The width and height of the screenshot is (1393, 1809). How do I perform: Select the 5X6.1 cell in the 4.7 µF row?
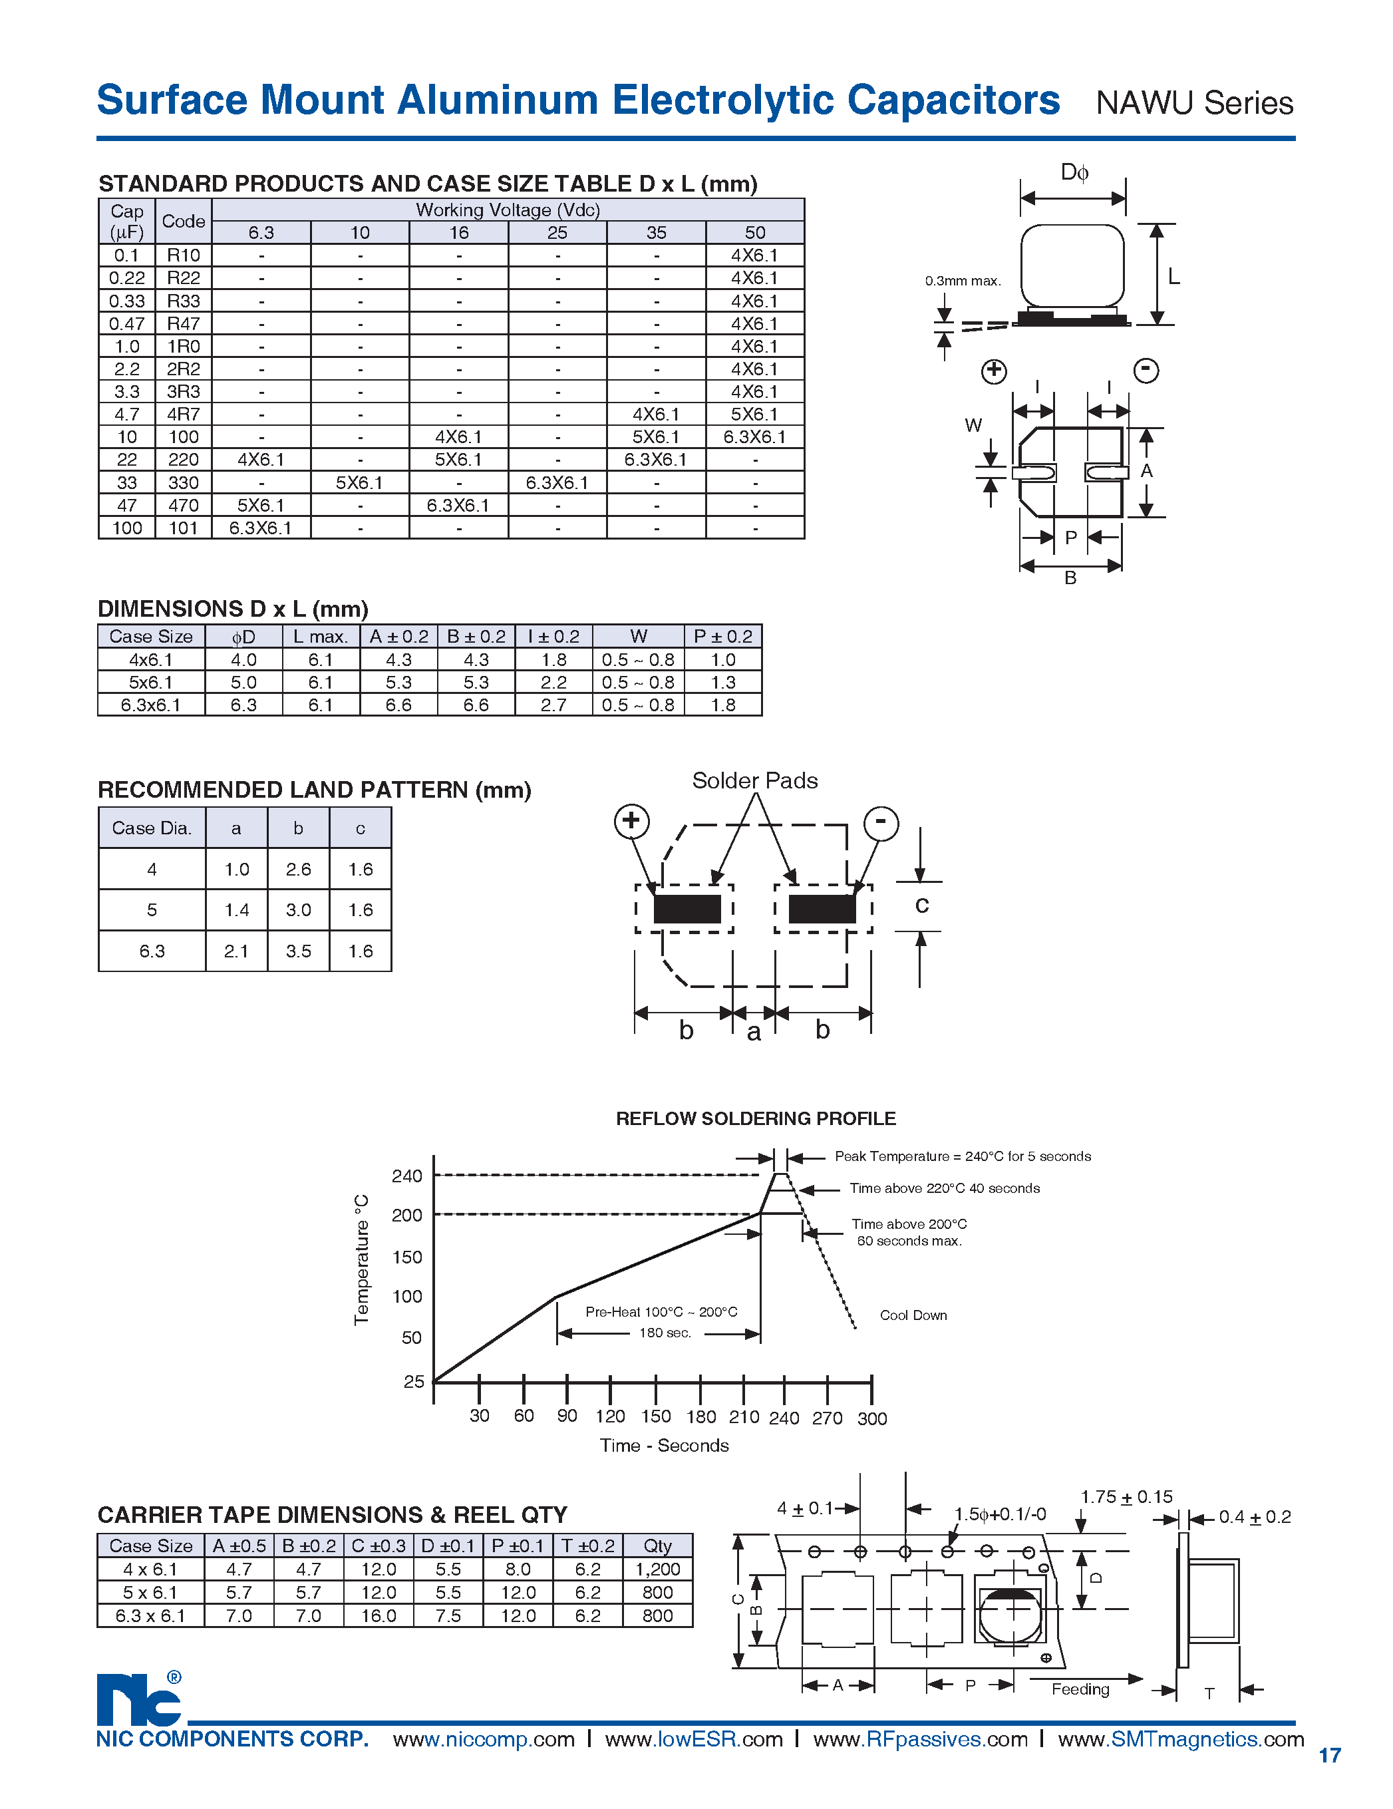[x=754, y=414]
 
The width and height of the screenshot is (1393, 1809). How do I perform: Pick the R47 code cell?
[x=183, y=324]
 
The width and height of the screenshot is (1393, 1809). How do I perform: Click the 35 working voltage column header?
[x=656, y=233]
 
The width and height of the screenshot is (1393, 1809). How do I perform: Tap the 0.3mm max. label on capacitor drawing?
[x=963, y=281]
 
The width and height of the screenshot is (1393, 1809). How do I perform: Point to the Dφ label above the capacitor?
[x=1074, y=172]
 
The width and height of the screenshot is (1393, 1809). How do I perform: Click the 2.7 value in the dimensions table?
[x=553, y=705]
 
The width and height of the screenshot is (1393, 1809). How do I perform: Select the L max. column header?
[x=321, y=636]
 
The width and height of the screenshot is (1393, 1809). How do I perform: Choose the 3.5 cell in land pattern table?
[x=298, y=951]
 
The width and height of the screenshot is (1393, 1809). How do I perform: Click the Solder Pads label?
[x=754, y=780]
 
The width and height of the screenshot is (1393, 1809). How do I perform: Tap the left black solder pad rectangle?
[x=687, y=909]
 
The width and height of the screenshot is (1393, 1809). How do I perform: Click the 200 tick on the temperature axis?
[x=406, y=1215]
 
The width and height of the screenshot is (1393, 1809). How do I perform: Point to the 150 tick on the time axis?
[x=656, y=1416]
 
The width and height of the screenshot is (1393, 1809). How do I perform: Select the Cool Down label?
[x=913, y=1315]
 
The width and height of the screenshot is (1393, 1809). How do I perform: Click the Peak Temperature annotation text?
[x=963, y=1156]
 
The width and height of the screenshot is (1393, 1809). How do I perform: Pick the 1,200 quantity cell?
[x=657, y=1569]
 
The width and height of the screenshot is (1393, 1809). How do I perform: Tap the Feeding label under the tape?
[x=1080, y=1689]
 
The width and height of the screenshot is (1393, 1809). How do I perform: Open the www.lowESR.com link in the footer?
[x=693, y=1739]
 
